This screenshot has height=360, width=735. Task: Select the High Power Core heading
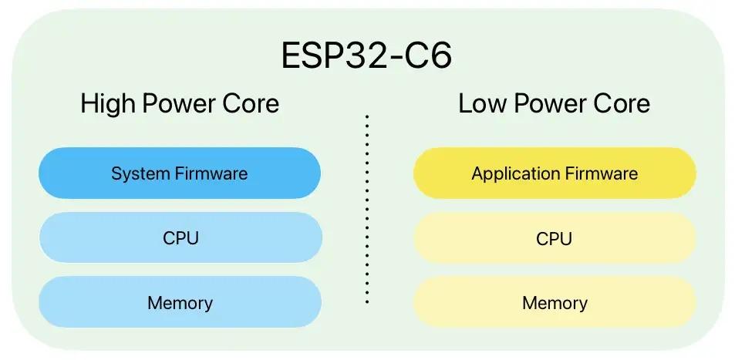coord(180,103)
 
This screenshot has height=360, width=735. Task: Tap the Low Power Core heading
coord(554,103)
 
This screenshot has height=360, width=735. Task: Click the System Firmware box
coord(180,173)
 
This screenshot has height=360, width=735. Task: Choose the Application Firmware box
coord(555,173)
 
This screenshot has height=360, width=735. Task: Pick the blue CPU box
coord(180,238)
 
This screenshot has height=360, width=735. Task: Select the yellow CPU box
coord(555,238)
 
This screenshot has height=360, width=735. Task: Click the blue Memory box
coord(180,302)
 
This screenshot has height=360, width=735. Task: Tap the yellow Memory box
coord(555,302)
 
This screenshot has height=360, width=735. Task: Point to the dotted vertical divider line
coord(367,208)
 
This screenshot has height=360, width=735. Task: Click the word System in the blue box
coord(140,173)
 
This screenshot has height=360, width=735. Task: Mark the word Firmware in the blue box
coord(211,173)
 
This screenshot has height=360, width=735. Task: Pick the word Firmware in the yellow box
coord(601,173)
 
